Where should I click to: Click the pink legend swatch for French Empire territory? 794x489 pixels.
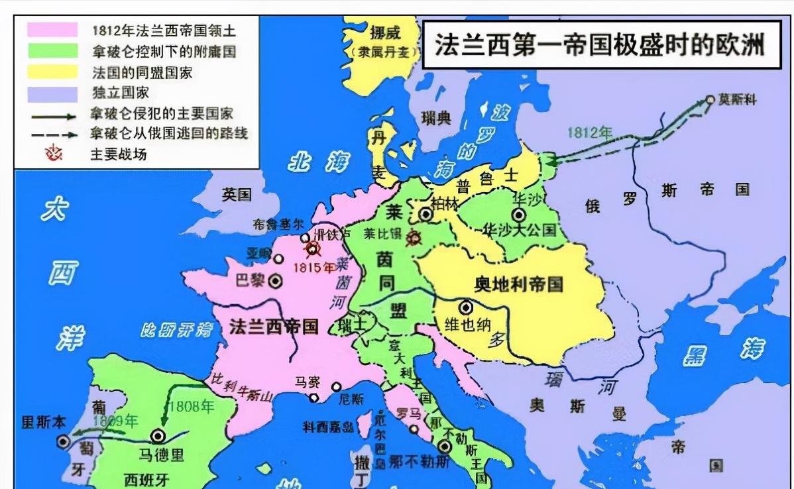[x=51, y=30]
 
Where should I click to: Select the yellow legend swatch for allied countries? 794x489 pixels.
[x=51, y=72]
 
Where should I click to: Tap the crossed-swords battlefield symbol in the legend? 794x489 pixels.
[x=52, y=154]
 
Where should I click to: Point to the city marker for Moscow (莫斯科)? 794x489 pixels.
[x=710, y=100]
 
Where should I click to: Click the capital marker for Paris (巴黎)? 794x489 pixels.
[x=275, y=281]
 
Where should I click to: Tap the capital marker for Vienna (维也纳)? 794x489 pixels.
[x=466, y=307]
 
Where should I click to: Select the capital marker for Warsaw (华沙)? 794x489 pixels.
[x=518, y=215]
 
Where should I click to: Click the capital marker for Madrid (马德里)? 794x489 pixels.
[x=158, y=436]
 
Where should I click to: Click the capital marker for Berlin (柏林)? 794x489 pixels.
[x=425, y=214]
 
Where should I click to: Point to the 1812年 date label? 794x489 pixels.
[x=589, y=132]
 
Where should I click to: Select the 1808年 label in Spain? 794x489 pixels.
[x=192, y=406]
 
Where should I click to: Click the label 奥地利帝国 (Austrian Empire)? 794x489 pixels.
[x=519, y=284]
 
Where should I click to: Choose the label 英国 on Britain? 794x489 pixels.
[x=237, y=194]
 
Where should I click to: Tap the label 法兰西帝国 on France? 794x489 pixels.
[x=274, y=325]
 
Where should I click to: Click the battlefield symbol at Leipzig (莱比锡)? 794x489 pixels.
[x=414, y=237]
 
